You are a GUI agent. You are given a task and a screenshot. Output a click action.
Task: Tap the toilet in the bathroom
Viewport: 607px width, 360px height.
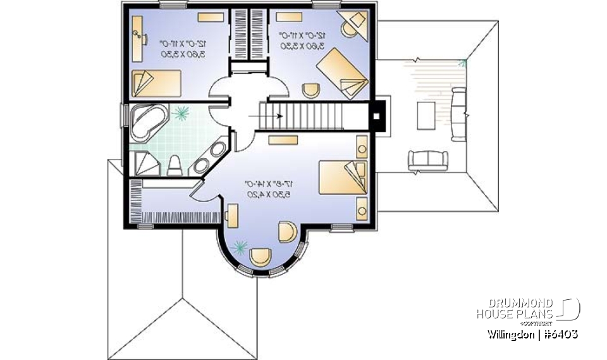tap(175, 165)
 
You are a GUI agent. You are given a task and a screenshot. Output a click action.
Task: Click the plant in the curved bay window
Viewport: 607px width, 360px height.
tap(240, 247)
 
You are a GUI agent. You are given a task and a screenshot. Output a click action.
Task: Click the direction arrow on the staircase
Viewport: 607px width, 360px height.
tap(261, 116)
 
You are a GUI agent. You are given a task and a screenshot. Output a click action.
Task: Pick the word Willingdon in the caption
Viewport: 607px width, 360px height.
tap(510, 333)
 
